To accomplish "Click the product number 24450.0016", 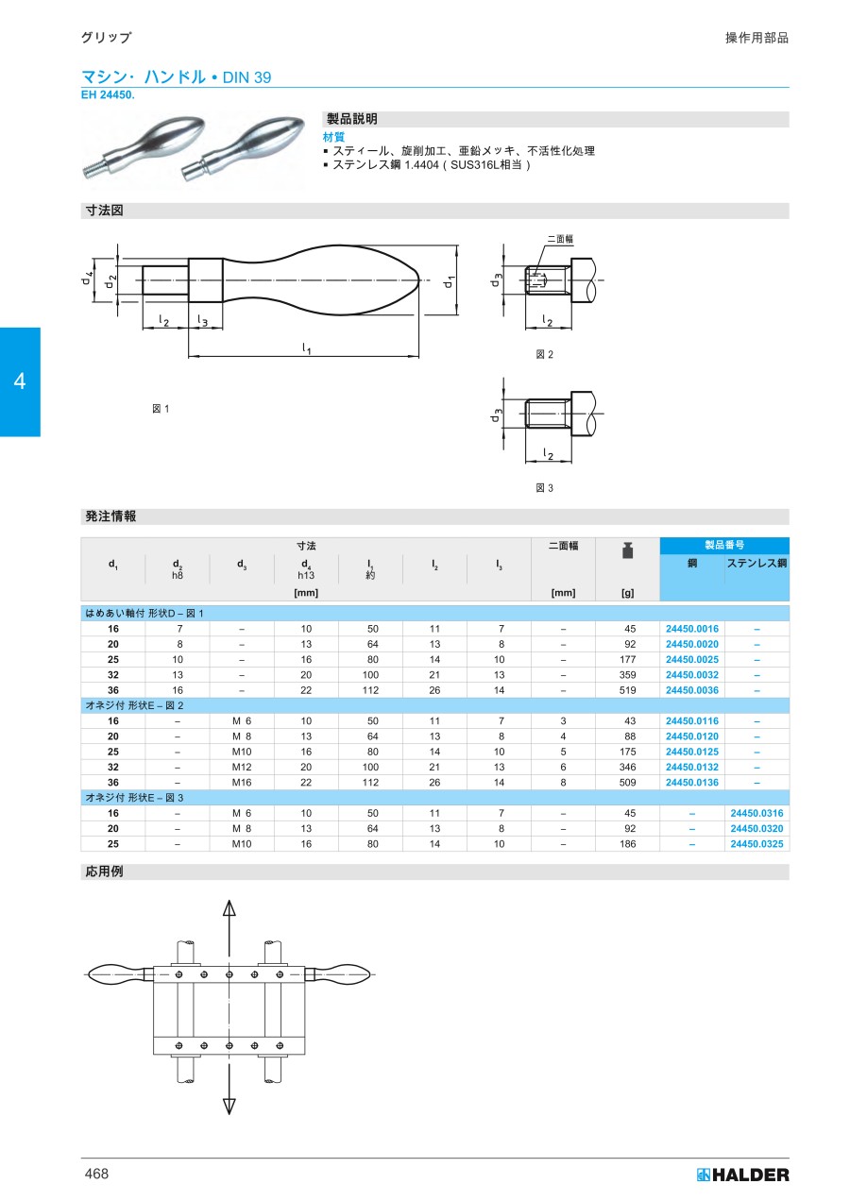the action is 691,629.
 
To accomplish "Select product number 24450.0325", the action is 756,843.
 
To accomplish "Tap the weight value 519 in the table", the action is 627,690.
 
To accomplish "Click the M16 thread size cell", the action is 242,783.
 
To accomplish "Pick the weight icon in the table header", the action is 627,550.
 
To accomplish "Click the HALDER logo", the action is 742,1175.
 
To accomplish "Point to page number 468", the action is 96,1174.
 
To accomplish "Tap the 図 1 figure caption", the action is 161,409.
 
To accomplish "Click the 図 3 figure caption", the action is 544,488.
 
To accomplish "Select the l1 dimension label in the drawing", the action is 306,348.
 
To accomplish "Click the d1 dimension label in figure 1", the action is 449,281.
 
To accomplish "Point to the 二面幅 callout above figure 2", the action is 560,239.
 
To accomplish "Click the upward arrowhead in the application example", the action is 229,907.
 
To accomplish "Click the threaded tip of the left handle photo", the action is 90,171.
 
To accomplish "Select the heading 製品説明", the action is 351,119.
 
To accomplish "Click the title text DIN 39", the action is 246,77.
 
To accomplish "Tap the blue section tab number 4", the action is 20,381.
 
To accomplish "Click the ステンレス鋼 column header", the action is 756,563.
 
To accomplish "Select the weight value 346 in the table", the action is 627,767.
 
